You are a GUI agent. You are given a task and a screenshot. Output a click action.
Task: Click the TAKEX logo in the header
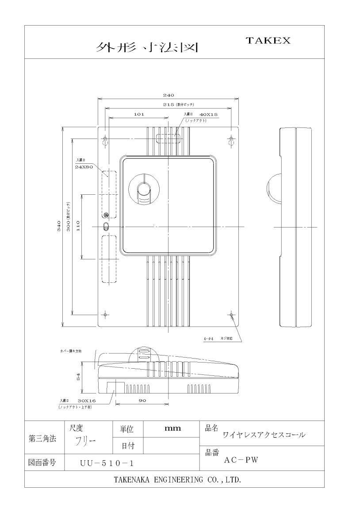(x=268, y=40)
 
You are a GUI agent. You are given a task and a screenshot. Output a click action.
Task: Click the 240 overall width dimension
(x=169, y=95)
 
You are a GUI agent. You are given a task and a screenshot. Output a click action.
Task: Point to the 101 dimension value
(x=139, y=114)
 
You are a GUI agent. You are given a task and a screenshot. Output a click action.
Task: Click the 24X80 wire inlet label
(x=84, y=167)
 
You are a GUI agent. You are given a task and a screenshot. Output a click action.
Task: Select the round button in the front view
(x=144, y=191)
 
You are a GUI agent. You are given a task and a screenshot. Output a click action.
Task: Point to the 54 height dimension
(x=79, y=377)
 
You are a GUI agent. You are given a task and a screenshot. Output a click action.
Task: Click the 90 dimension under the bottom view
(x=142, y=401)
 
